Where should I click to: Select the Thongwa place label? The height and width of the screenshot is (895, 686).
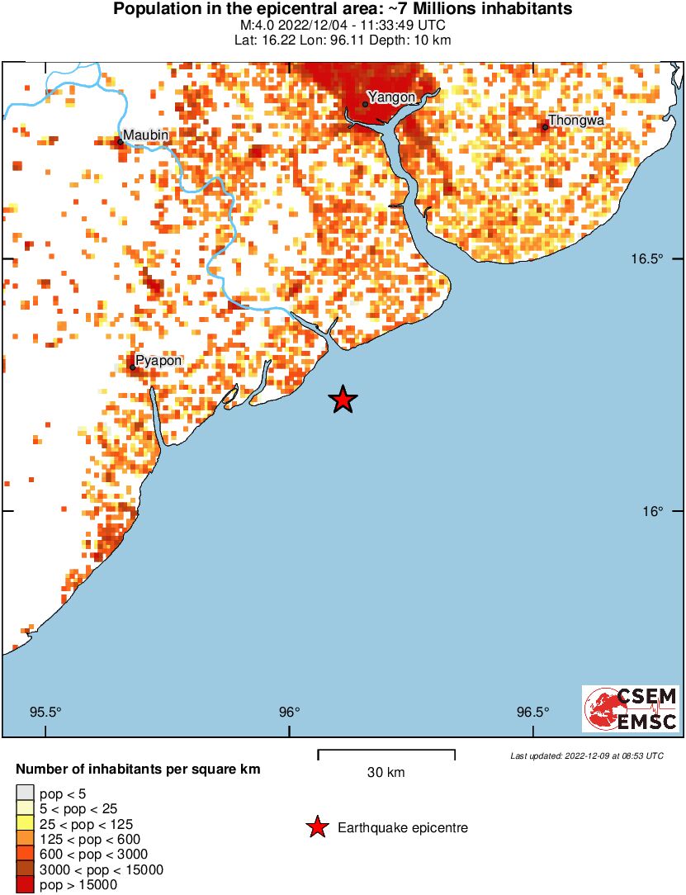(577, 121)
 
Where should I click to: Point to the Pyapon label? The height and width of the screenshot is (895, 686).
(158, 360)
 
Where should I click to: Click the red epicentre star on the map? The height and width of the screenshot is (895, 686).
(343, 400)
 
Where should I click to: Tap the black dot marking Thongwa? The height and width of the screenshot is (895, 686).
(545, 127)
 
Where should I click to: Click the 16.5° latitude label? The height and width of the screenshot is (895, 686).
(648, 258)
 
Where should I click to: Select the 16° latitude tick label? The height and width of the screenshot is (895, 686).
(653, 511)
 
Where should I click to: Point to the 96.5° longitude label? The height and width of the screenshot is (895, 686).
(532, 713)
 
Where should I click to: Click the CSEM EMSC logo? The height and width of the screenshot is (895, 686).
(631, 708)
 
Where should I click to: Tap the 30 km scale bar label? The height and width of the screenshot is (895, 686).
(386, 773)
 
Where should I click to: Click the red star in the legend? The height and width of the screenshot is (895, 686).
(316, 827)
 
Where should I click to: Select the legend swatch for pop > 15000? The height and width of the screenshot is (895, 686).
(25, 884)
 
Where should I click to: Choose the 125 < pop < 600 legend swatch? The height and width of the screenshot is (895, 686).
(25, 839)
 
